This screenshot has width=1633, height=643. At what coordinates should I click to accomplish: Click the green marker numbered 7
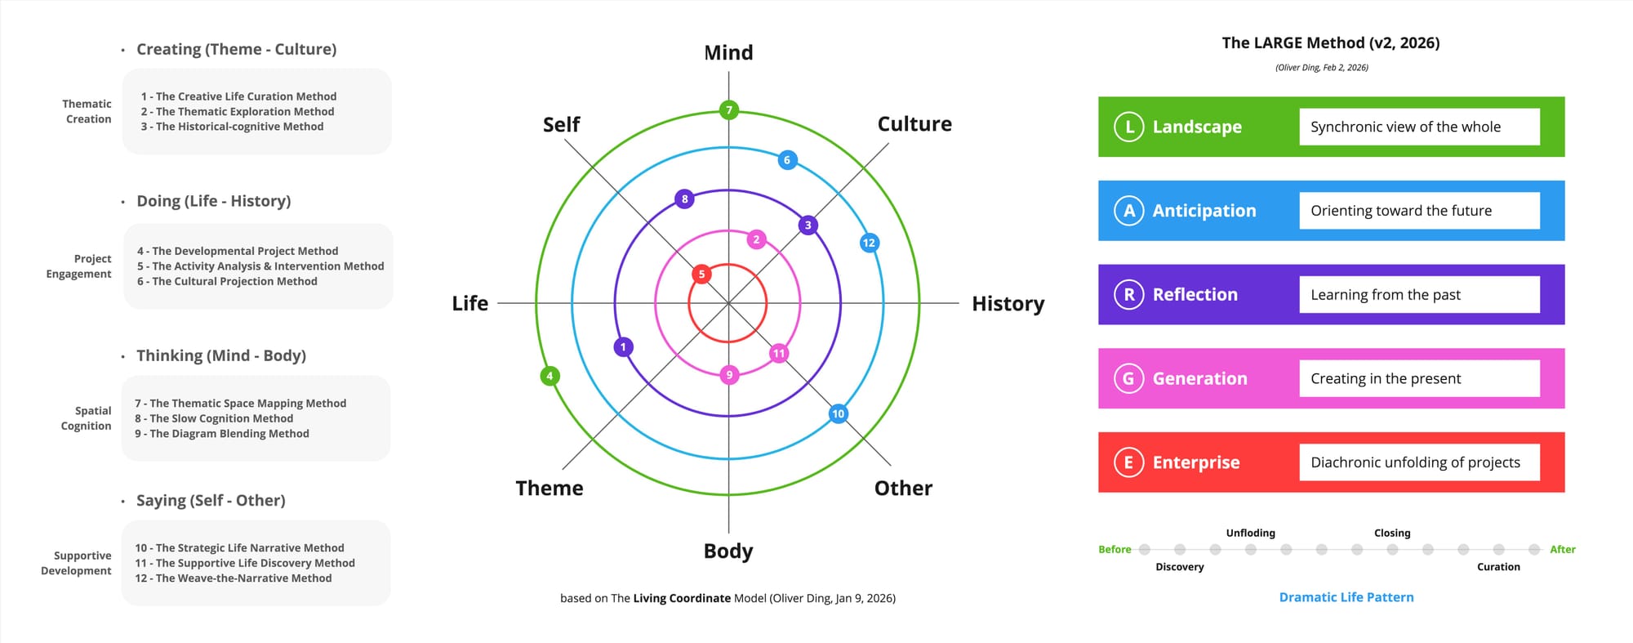[729, 109]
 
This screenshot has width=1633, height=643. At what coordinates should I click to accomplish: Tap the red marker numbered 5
[701, 274]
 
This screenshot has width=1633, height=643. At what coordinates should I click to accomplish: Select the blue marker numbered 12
[869, 243]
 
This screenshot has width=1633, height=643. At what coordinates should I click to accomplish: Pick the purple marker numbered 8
[684, 199]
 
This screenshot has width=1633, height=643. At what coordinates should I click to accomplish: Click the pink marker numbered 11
[779, 353]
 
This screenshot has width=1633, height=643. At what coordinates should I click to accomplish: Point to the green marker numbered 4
[550, 376]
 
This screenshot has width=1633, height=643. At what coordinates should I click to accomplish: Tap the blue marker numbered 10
[838, 413]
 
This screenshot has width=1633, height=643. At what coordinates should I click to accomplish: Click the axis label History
[1008, 304]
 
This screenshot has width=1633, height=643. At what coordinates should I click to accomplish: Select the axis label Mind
[728, 53]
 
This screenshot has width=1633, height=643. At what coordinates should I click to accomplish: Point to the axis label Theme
[550, 489]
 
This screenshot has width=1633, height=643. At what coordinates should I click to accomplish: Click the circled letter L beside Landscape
[1129, 127]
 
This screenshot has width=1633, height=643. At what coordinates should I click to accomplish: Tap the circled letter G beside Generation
[1129, 378]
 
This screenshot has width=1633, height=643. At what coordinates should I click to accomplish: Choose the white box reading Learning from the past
[1419, 294]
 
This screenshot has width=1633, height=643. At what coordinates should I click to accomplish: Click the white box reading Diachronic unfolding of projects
[1419, 462]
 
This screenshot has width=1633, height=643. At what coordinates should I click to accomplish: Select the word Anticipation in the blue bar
[1204, 211]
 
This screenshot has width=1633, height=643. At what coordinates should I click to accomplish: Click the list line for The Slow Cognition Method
[214, 418]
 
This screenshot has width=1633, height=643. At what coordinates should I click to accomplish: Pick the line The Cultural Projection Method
[227, 281]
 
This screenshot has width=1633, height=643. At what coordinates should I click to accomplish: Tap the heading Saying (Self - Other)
[211, 500]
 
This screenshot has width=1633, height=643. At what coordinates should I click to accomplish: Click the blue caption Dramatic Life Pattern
[1346, 597]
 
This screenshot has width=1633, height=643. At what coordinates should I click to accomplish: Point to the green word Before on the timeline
[1115, 549]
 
